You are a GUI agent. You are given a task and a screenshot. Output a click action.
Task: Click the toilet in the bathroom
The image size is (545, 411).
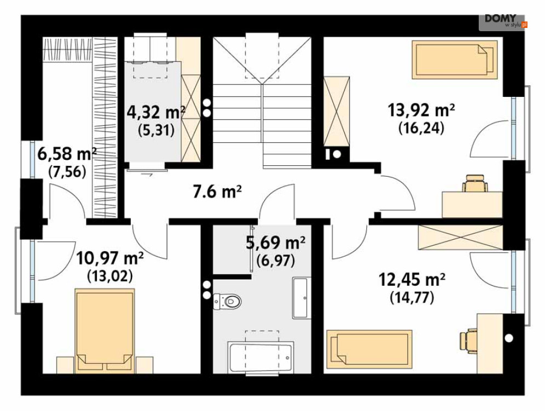pyautogui.click(x=227, y=301)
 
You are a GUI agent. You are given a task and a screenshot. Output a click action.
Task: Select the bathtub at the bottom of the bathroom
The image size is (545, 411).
pyautogui.click(x=261, y=357)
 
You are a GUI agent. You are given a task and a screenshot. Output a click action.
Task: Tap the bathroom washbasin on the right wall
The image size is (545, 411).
pyautogui.click(x=301, y=298)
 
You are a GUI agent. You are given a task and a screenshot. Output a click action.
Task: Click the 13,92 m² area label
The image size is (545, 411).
pyautogui.click(x=421, y=111)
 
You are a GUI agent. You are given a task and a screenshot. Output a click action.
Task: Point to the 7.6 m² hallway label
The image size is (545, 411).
pyautogui.click(x=217, y=192)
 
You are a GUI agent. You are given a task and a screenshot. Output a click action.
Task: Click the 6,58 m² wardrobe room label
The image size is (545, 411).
pyautogui.click(x=67, y=154)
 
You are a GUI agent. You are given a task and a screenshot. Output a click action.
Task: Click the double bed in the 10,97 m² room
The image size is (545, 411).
pyautogui.click(x=105, y=331)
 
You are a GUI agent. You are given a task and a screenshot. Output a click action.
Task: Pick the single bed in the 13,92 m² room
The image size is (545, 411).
pyautogui.click(x=455, y=60)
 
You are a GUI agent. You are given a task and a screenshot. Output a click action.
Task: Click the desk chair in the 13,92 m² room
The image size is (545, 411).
pyautogui.click(x=475, y=183)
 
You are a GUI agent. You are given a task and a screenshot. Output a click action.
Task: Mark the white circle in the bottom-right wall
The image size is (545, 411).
pyautogui.click(x=509, y=337)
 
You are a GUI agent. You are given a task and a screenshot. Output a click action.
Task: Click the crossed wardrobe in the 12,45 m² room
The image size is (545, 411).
pyautogui.click(x=461, y=238)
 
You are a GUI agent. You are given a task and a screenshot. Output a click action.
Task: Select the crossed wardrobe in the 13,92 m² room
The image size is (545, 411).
pyautogui.click(x=336, y=111)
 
